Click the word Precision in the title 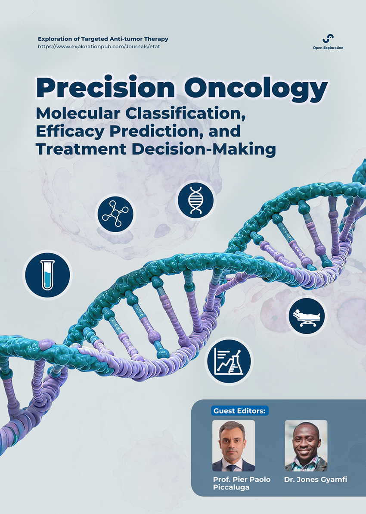pyautogui.click(x=105, y=87)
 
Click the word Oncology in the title pyautogui.click(x=256, y=88)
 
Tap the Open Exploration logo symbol pyautogui.click(x=328, y=38)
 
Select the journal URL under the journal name pyautogui.click(x=99, y=47)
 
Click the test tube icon pyautogui.click(x=47, y=275)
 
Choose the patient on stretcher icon pyautogui.click(x=307, y=316)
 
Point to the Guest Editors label pyautogui.click(x=239, y=411)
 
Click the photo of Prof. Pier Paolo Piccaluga pyautogui.click(x=234, y=446)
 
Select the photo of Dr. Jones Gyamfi pyautogui.click(x=306, y=446)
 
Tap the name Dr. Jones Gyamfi pyautogui.click(x=315, y=480)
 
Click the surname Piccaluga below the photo pyautogui.click(x=231, y=488)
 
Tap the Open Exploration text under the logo pyautogui.click(x=328, y=48)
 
